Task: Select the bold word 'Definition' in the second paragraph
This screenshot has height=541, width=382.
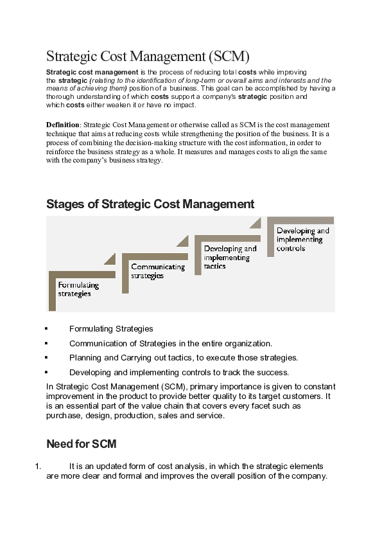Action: pyautogui.click(x=62, y=123)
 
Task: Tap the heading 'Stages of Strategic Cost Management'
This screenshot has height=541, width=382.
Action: pyautogui.click(x=150, y=204)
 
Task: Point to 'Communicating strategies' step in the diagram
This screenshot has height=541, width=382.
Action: pyautogui.click(x=157, y=270)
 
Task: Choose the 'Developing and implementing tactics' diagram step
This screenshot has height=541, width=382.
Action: pyautogui.click(x=230, y=257)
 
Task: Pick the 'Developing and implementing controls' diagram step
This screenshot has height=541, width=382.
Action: pyautogui.click(x=302, y=239)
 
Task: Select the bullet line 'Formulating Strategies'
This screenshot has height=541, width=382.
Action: pyautogui.click(x=111, y=328)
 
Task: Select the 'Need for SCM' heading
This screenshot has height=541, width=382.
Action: pyautogui.click(x=81, y=444)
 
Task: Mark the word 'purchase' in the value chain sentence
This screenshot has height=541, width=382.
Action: pyautogui.click(x=63, y=416)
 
